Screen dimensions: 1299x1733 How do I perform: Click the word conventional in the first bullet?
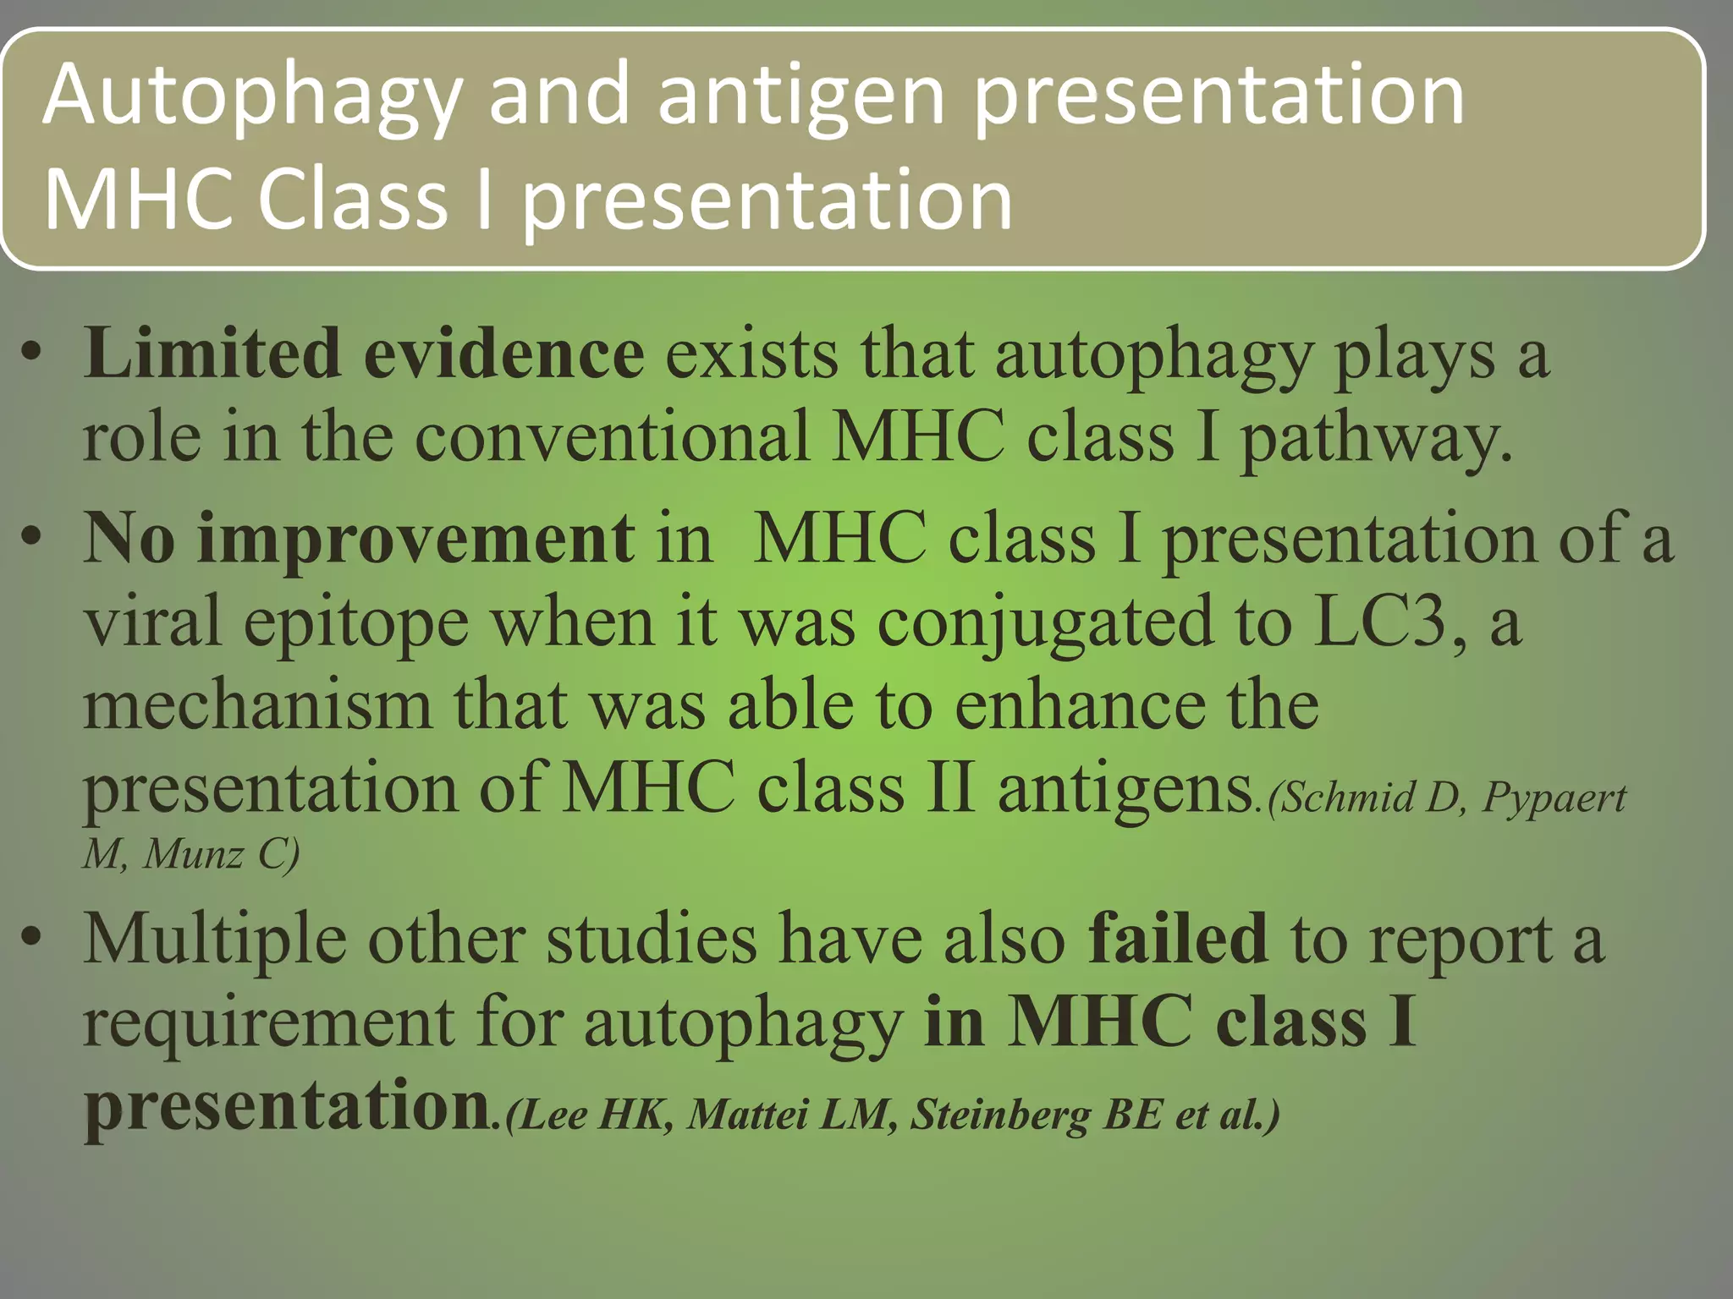coord(612,436)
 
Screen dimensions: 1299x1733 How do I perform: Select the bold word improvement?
coord(415,539)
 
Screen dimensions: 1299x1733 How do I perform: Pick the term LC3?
coord(1388,622)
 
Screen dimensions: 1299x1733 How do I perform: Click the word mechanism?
coord(257,705)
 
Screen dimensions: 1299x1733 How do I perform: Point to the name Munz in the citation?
coord(193,854)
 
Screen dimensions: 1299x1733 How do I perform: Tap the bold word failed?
coord(1177,939)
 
